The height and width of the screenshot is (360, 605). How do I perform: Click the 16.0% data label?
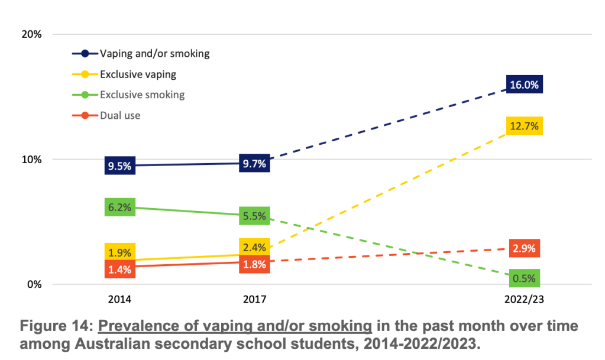524,85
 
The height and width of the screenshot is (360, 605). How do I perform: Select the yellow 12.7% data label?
524,126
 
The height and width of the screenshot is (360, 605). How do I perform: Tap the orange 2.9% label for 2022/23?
524,248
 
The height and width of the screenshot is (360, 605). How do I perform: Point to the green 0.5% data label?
524,278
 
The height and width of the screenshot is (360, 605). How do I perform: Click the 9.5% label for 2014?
119,166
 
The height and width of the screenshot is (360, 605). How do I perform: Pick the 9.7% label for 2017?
255,163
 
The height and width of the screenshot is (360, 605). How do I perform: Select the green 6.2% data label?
119,207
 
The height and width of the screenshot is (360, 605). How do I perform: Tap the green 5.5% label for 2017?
255,216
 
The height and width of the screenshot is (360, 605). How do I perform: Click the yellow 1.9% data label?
119,252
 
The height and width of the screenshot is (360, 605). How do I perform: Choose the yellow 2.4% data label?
255,247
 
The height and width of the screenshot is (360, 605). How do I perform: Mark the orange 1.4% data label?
119,270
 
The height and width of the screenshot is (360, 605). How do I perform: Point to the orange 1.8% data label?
255,264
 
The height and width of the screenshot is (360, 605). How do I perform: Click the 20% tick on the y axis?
32,34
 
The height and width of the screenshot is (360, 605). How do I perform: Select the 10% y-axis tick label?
32,160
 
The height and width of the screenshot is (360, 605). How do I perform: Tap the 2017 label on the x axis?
255,300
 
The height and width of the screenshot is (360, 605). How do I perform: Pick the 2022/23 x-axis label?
524,300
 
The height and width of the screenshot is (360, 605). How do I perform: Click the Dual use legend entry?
120,116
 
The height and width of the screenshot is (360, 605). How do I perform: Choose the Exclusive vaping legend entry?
138,74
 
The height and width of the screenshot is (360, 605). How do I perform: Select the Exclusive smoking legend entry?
142,95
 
